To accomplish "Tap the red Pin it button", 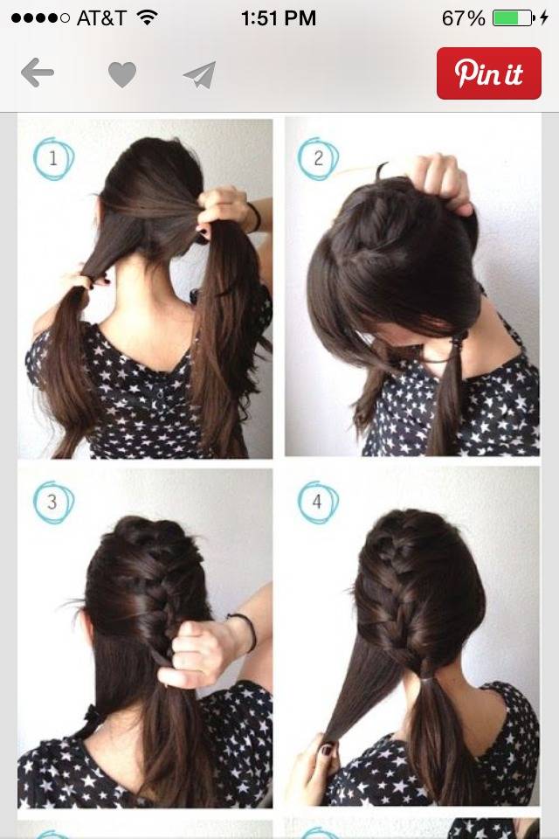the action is [488, 73].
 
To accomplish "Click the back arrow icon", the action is [38, 73].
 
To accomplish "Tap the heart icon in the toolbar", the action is [122, 74].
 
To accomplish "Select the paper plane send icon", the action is [199, 74].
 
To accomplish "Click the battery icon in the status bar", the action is [513, 18].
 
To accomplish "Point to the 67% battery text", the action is [463, 18].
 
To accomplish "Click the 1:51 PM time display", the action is [278, 18].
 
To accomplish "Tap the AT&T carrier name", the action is [101, 18].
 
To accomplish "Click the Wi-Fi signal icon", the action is [146, 17].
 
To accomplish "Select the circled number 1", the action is [53, 158].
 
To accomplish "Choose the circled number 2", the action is [318, 158].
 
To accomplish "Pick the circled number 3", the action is [52, 503].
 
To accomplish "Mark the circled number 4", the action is [317, 502].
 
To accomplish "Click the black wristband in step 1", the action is [256, 217].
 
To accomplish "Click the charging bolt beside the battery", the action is [544, 18].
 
